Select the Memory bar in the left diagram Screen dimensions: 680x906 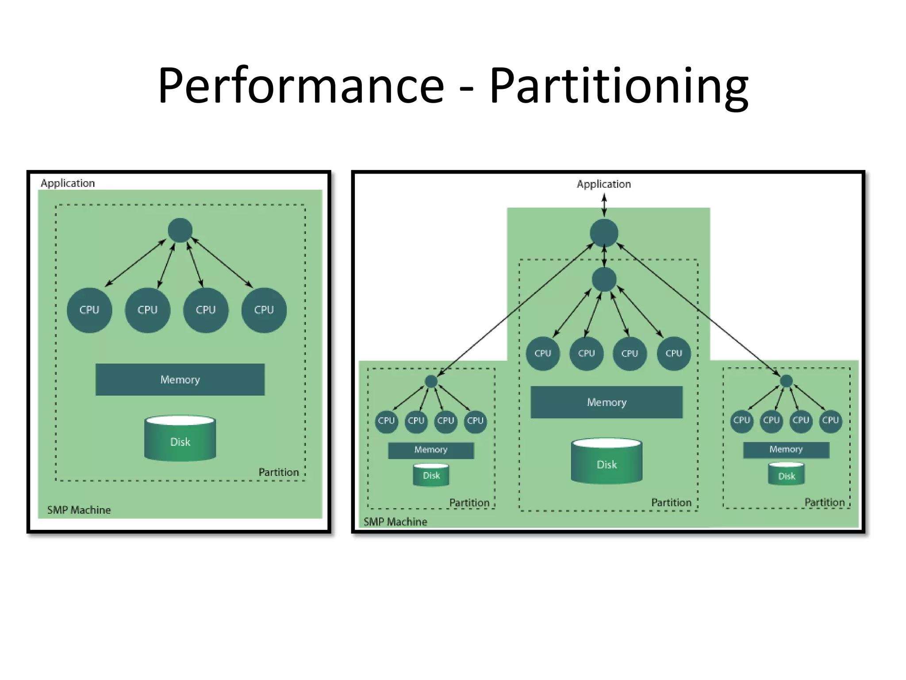(180, 379)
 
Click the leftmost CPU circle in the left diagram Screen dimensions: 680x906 (89, 310)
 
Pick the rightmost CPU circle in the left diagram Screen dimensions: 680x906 (264, 310)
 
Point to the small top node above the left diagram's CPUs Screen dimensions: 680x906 (180, 230)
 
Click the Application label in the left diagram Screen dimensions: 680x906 (68, 183)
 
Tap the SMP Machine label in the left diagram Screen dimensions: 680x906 (79, 510)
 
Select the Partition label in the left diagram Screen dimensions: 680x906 (279, 472)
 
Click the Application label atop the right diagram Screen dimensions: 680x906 (604, 184)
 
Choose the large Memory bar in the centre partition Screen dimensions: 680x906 (607, 402)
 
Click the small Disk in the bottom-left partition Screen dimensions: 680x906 (431, 475)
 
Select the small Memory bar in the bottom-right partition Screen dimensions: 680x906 (786, 449)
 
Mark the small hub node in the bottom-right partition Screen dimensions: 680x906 (786, 381)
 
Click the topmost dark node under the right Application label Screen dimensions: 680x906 (604, 233)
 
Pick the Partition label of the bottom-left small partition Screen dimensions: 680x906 (469, 503)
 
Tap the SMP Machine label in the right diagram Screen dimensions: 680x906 (395, 522)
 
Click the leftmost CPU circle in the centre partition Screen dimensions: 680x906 (543, 353)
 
